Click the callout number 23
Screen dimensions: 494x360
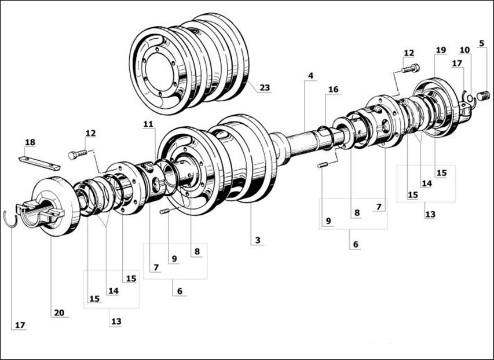265,87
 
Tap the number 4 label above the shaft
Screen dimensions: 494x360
310,76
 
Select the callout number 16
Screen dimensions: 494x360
333,90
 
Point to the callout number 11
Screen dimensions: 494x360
148,124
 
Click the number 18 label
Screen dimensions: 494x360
30,142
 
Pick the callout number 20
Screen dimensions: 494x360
59,313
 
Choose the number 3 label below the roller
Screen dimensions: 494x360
258,240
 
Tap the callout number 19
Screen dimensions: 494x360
441,50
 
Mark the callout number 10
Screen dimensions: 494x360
464,50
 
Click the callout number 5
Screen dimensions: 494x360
482,43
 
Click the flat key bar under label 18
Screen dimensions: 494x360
39,162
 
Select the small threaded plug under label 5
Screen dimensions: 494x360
483,95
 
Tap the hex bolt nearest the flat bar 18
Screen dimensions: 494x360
77,154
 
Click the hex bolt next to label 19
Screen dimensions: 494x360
411,68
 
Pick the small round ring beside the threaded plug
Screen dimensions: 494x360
470,99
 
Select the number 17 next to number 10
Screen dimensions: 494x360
457,63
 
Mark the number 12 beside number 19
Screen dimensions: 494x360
409,53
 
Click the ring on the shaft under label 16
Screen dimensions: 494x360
326,137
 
